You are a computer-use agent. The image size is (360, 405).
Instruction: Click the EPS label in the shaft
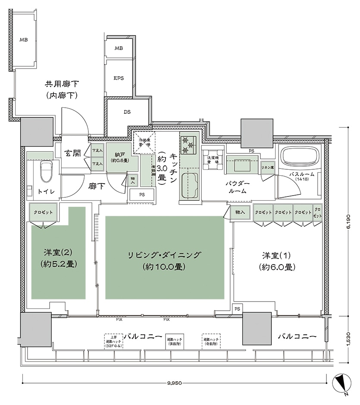[x=119, y=78]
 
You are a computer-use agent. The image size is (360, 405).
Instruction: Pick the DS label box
[x=127, y=112]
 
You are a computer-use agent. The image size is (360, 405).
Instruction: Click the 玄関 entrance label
[x=73, y=153]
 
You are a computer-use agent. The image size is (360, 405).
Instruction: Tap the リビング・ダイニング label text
[x=164, y=255]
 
